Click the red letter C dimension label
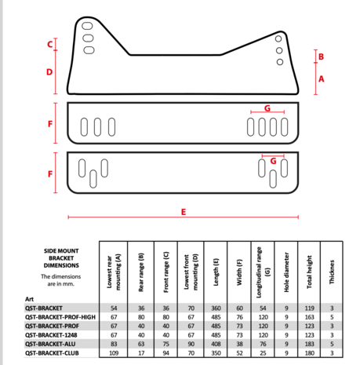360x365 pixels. click(49, 45)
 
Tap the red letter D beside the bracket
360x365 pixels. click(49, 71)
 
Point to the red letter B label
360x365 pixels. click(322, 57)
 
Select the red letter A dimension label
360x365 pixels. click(322, 79)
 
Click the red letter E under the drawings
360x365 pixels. click(183, 211)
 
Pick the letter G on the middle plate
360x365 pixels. click(267, 107)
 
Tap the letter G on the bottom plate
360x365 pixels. click(273, 160)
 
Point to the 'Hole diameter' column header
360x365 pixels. click(287, 267)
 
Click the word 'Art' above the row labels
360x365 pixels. click(29, 299)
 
